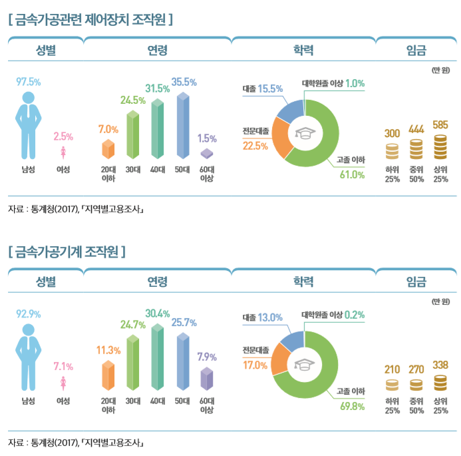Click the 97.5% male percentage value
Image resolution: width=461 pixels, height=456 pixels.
(29, 82)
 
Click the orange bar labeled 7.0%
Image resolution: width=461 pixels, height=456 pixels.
(108, 149)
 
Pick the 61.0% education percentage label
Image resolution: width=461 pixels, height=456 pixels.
(353, 175)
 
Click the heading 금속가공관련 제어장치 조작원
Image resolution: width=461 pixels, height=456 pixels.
(90, 19)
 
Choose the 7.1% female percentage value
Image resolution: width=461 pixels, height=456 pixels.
(63, 366)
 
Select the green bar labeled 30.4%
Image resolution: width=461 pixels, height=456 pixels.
(158, 357)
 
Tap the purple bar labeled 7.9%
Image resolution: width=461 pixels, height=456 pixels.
(207, 378)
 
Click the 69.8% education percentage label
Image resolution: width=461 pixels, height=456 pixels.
(353, 407)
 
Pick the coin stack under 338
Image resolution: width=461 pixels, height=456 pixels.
(440, 383)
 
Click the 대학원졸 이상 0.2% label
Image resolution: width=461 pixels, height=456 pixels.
(333, 315)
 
